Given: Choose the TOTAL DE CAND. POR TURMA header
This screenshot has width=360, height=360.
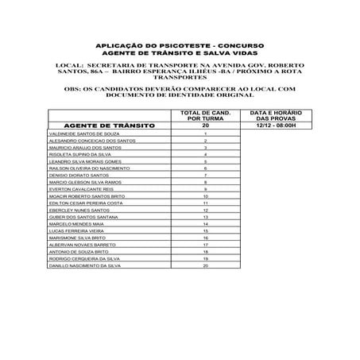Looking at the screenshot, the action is (206, 116).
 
